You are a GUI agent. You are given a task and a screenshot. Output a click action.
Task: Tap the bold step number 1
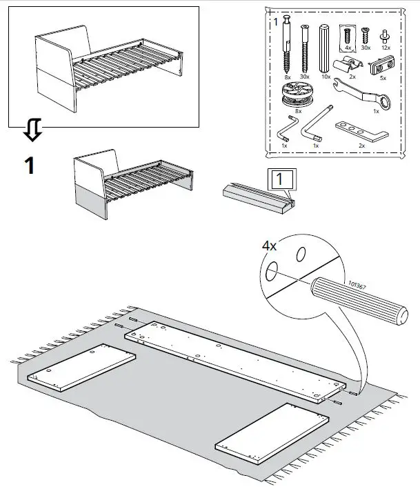[x=29, y=166]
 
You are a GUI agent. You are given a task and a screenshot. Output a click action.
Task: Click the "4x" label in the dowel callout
[x=270, y=245]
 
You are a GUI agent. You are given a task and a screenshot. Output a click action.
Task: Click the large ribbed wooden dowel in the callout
[x=359, y=299]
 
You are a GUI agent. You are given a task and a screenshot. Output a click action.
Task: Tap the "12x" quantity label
[x=386, y=48]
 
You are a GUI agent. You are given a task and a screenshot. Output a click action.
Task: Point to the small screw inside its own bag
[x=348, y=34]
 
